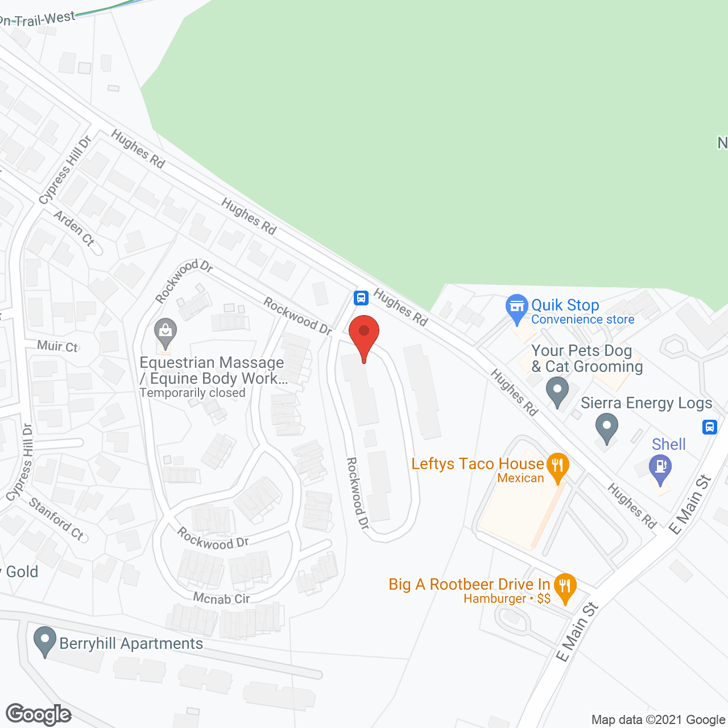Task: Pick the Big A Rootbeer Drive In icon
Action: coord(564,586)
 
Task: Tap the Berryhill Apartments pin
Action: coord(44,640)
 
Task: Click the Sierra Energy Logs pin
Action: coord(607,427)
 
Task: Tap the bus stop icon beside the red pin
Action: coord(361,297)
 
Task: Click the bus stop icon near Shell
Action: coord(709,427)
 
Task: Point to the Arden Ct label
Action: coord(74,228)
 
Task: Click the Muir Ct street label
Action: coord(57,346)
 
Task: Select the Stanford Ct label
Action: coord(56,518)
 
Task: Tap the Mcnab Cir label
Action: coord(221,598)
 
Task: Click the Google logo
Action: coord(39,714)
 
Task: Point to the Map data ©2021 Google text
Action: coord(658,720)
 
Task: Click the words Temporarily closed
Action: coord(192,393)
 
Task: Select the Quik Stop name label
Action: coord(565,305)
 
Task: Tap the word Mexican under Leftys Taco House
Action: coord(520,478)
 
